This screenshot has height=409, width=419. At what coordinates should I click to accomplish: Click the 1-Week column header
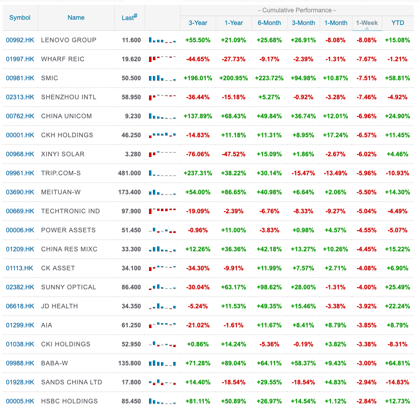(367, 23)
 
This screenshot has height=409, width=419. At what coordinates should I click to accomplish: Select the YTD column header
(398, 23)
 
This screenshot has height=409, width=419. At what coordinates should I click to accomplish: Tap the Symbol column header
(20, 18)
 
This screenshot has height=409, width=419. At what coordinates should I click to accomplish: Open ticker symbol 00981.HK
(20, 78)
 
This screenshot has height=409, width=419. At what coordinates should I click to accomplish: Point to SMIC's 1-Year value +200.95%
(233, 78)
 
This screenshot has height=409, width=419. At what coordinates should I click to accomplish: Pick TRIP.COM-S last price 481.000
(129, 173)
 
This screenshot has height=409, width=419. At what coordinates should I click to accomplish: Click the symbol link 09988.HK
(20, 363)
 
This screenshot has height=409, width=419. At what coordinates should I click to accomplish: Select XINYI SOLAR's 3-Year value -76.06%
(198, 154)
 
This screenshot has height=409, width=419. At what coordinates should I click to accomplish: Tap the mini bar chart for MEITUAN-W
(162, 192)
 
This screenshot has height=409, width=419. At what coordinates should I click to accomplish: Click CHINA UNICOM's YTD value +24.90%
(397, 116)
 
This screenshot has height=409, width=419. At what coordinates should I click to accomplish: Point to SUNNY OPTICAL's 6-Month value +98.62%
(269, 287)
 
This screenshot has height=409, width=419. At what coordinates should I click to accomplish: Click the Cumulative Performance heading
(297, 10)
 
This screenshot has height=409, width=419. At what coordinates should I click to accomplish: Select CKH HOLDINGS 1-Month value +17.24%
(335, 135)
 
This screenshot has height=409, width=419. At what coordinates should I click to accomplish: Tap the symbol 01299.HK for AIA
(20, 325)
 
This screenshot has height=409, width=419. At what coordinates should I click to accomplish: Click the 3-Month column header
(303, 23)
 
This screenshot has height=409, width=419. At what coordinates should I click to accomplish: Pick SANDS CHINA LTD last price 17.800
(131, 382)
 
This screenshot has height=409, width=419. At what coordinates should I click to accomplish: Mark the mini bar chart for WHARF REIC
(162, 59)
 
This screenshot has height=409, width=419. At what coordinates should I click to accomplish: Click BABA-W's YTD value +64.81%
(397, 363)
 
